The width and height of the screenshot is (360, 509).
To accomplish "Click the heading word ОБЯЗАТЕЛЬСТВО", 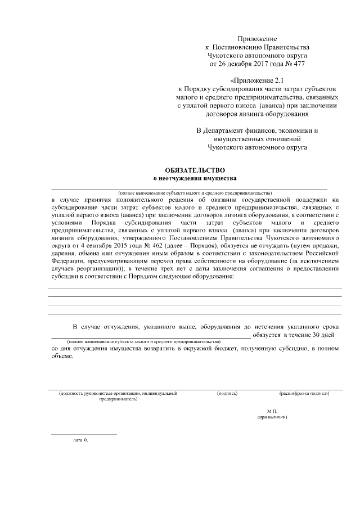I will (x=195, y=169).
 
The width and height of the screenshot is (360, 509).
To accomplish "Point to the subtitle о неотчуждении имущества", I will (x=195, y=178).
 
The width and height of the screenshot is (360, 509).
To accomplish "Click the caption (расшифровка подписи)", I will (x=303, y=393).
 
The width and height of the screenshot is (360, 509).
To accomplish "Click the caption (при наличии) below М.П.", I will (x=273, y=417).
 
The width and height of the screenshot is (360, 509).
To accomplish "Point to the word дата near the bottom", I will (x=78, y=439).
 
